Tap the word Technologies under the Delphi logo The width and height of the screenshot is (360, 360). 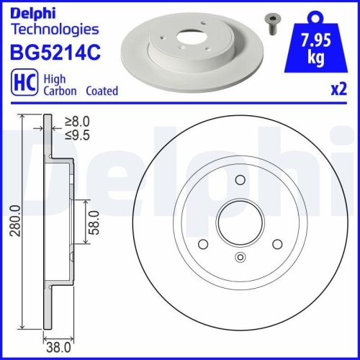tap(54, 30)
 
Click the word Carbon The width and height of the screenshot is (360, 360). tap(58, 91)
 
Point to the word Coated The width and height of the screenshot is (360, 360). tap(102, 91)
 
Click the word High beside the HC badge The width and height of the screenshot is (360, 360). tap(53, 79)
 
